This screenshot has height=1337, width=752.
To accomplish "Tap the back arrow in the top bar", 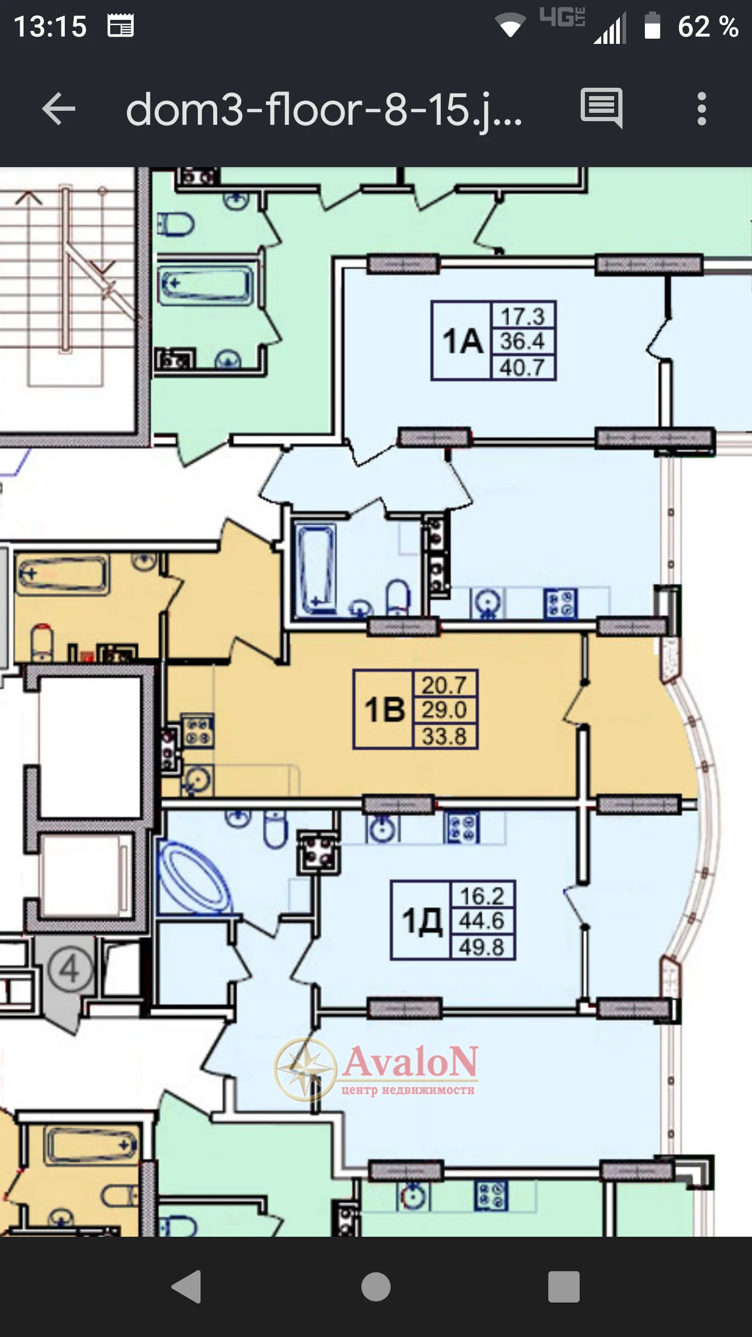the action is [58, 109].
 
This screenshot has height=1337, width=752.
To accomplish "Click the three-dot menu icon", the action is [701, 109].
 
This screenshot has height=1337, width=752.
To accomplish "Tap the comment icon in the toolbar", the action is [602, 108].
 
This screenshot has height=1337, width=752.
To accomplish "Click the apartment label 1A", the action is [463, 341].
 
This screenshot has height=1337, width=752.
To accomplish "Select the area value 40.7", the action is [522, 367].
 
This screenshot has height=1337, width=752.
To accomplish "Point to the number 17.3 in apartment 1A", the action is [523, 316].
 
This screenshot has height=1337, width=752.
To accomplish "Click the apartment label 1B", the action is [384, 710].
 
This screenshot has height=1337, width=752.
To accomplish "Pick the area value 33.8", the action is [444, 736].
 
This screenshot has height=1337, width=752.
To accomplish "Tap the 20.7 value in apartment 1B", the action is [444, 685].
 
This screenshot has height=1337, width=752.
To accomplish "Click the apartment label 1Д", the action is [422, 921].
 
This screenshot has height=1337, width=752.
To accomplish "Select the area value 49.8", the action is [481, 947].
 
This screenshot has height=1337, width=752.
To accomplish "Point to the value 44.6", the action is [481, 921].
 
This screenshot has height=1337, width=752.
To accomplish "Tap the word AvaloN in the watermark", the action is [410, 1062].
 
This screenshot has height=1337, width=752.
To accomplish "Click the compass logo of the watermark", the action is [305, 1070].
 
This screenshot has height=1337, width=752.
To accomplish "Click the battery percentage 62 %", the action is [708, 27].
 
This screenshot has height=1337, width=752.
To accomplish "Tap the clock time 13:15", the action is [50, 26].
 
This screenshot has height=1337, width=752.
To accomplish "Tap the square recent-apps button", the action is [564, 1286].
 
